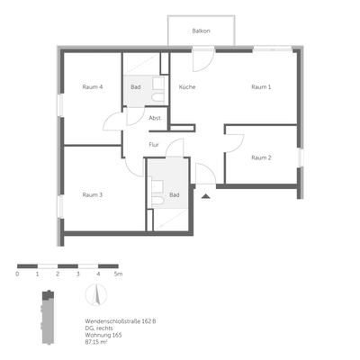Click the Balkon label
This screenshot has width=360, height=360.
[x=201, y=31]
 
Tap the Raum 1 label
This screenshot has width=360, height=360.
[x=261, y=86]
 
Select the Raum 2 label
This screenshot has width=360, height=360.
[x=260, y=157]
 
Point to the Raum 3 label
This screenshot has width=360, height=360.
[x=92, y=194]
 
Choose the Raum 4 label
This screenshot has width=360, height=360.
[x=92, y=86]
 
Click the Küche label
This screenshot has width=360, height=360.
[x=187, y=86]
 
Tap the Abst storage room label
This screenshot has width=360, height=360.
[x=155, y=119]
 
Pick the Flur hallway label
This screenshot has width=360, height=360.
[x=154, y=144]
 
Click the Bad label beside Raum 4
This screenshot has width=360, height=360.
[x=135, y=86]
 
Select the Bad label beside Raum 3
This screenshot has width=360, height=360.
[x=174, y=194]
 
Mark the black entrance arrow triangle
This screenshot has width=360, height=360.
[x=205, y=194]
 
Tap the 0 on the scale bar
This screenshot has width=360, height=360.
[x=17, y=274]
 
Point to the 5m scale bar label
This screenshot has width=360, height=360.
[x=118, y=274]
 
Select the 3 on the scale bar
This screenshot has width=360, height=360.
[x=78, y=274]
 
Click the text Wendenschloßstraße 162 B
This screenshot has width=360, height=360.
[x=121, y=321]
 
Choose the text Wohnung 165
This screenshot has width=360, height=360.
[x=104, y=336]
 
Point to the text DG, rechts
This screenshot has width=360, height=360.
[x=99, y=328]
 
